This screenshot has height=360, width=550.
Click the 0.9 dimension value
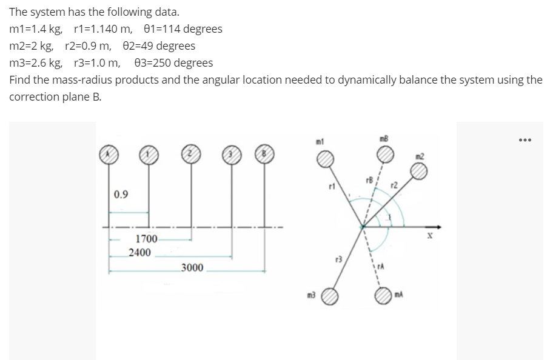121,194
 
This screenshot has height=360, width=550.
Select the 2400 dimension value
140,252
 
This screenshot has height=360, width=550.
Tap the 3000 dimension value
192,267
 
